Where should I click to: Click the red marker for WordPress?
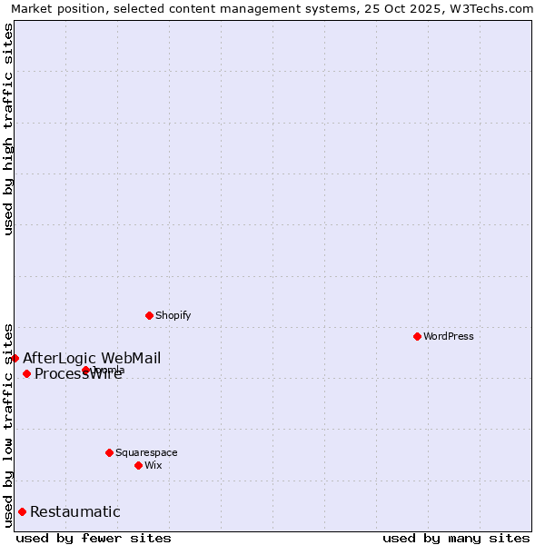tap(417, 336)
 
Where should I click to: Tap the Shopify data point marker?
tap(149, 315)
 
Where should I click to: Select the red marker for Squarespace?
tap(109, 452)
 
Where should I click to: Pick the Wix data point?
tap(138, 465)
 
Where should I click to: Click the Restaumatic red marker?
tap(22, 511)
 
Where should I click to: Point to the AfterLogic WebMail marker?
tap(15, 358)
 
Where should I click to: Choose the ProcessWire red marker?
tap(26, 373)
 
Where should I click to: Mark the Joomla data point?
tap(85, 370)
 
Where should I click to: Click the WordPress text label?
tap(449, 336)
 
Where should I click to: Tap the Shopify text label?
tap(173, 315)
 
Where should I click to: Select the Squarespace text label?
tap(146, 452)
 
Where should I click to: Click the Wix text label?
tap(153, 465)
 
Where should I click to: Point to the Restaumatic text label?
tap(75, 511)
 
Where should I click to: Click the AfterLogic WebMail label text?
tap(92, 358)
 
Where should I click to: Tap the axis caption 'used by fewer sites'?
tap(94, 538)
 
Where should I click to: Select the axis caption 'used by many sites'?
tap(456, 538)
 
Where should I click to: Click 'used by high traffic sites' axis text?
tap(8, 129)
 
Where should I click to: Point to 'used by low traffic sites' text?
tap(8, 424)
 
